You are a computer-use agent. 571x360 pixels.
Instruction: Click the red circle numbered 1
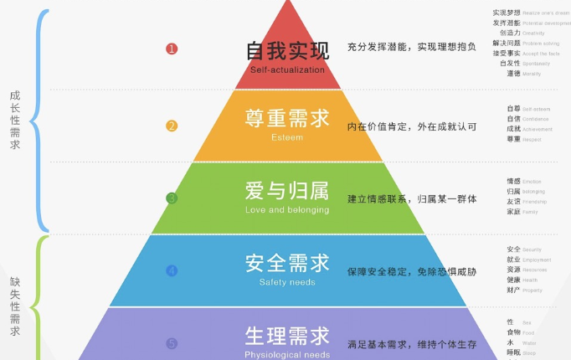172,49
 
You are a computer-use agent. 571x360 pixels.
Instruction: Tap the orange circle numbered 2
172,126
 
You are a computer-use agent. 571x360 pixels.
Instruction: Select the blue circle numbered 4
172,270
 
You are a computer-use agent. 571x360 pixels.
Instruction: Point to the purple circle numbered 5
172,343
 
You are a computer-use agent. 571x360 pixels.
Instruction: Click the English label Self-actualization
287,69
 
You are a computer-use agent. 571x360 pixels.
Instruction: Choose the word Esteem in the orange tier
287,137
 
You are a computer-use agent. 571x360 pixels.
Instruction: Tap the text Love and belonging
287,209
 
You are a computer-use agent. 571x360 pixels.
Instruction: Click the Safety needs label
287,282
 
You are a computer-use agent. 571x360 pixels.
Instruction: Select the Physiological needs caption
287,354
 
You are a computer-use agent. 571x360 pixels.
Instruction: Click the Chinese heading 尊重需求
287,117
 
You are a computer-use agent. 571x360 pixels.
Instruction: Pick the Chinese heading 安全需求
287,262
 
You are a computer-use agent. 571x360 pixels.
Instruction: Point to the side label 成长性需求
15,120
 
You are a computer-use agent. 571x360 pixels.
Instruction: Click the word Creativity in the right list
534,33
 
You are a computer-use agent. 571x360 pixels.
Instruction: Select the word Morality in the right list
532,74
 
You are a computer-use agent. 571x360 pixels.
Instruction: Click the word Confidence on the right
536,119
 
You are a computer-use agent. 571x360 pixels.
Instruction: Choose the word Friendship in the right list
536,202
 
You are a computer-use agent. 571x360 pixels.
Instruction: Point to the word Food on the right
529,332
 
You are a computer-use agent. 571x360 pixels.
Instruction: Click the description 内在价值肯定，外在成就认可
412,126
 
